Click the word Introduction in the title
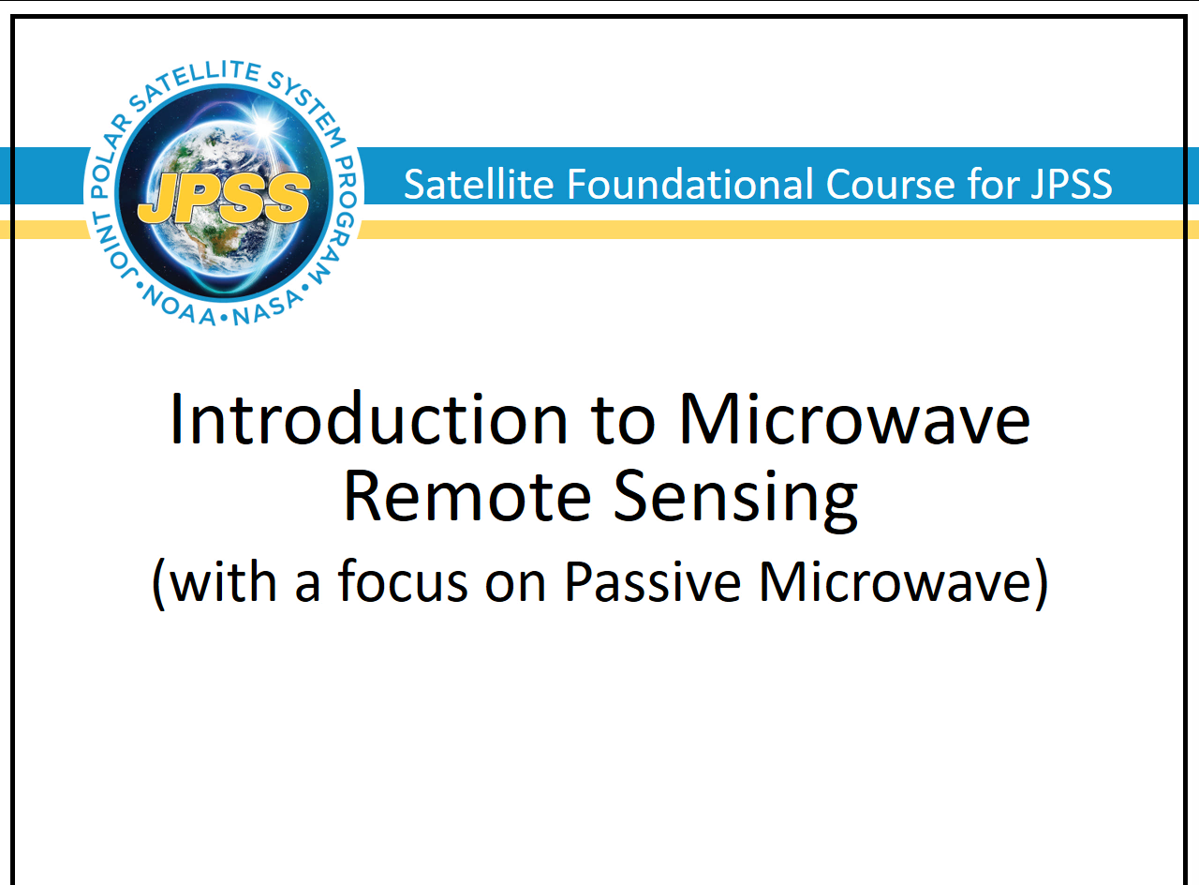tap(368, 419)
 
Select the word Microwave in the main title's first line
tap(855, 419)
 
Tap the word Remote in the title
tap(466, 495)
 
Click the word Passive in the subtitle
tap(653, 581)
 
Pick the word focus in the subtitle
tap(403, 580)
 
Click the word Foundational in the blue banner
tap(690, 184)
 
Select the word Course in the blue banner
tap(890, 185)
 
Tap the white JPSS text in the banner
tap(1072, 185)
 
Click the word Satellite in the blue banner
tap(479, 184)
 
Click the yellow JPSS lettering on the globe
tap(224, 198)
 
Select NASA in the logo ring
tap(268, 308)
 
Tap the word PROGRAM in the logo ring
tap(336, 220)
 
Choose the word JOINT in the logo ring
tap(112, 246)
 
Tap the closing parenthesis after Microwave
tap(1041, 584)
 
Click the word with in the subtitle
tap(223, 580)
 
